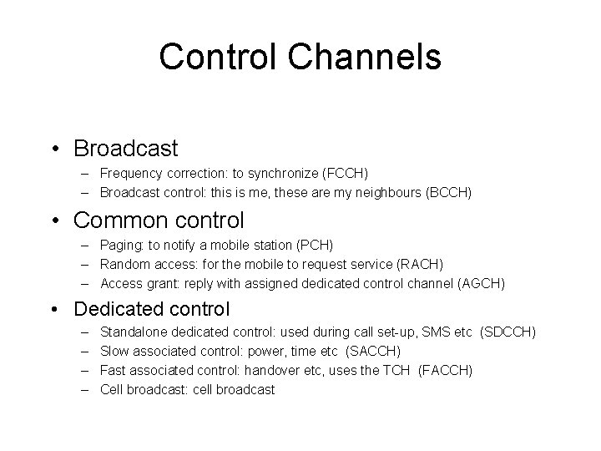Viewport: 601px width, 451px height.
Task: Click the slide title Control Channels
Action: coord(300,57)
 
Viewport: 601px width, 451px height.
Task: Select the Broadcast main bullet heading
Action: coord(126,149)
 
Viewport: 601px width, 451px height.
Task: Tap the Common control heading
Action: coord(159,220)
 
